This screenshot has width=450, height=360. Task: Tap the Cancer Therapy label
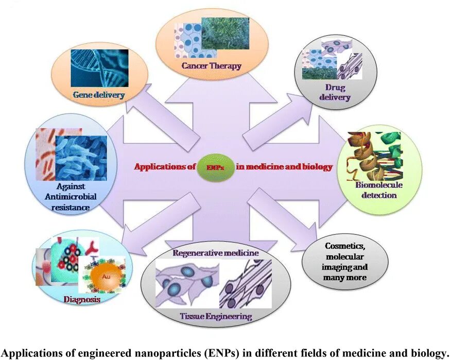click(x=211, y=66)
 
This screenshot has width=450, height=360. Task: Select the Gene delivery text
click(x=99, y=95)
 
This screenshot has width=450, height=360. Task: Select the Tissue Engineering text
click(x=216, y=316)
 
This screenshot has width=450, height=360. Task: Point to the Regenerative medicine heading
click(x=216, y=253)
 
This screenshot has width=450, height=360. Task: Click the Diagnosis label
click(x=82, y=299)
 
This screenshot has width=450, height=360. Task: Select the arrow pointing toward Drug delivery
click(x=273, y=118)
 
